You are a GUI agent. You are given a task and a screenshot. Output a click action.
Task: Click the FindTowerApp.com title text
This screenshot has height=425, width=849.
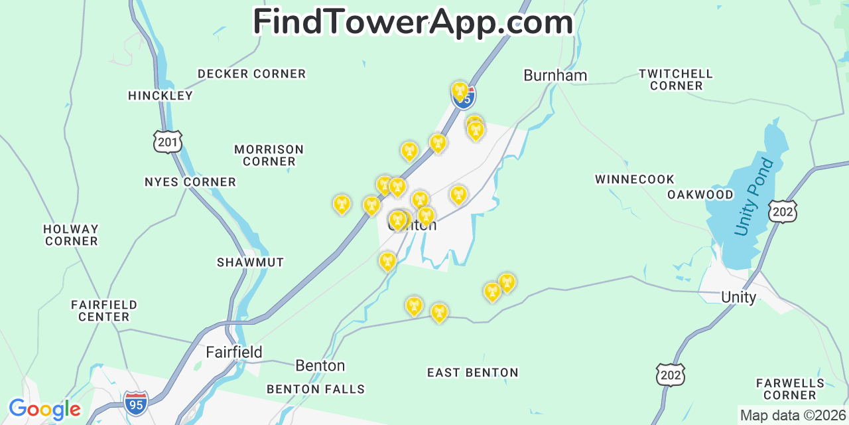pyautogui.click(x=413, y=23)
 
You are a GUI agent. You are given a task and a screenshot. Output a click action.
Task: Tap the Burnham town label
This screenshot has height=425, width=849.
pyautogui.click(x=555, y=76)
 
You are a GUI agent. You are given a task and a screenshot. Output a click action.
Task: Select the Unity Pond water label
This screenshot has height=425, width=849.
pyautogui.click(x=754, y=197)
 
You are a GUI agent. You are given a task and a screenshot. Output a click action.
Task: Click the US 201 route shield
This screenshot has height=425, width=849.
pyautogui.click(x=167, y=141)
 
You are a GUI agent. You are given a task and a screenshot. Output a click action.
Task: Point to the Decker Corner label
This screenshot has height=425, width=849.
pyautogui.click(x=251, y=74)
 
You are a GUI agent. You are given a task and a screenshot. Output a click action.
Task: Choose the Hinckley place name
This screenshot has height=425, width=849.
pyautogui.click(x=161, y=96)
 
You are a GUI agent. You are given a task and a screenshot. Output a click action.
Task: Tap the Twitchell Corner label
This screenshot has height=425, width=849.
pyautogui.click(x=676, y=80)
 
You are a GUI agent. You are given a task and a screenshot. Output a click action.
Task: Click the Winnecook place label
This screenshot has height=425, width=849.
pyautogui.click(x=634, y=179)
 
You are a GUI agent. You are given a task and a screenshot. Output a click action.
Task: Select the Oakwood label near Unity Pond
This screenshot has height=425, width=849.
pyautogui.click(x=700, y=195)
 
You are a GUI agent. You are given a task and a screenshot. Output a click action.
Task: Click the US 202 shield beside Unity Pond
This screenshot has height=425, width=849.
pyautogui.click(x=783, y=211)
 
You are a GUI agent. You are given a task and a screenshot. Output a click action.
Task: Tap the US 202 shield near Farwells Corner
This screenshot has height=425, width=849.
pyautogui.click(x=670, y=375)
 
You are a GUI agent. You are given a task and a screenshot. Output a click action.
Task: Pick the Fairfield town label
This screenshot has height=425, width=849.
pyautogui.click(x=233, y=352)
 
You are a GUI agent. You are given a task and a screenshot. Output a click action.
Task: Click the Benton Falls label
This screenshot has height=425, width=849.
pyautogui.click(x=316, y=389)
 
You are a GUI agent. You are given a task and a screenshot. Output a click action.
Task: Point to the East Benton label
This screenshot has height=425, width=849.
pyautogui.click(x=472, y=373)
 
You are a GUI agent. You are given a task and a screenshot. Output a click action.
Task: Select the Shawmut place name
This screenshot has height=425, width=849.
pyautogui.click(x=250, y=262)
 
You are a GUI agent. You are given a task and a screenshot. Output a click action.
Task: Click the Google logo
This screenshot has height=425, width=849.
pyautogui.click(x=44, y=409)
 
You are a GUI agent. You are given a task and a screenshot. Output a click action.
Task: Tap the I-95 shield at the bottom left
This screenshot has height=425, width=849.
pyautogui.click(x=136, y=403)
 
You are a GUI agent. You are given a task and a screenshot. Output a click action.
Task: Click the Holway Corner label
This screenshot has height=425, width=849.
pyautogui.click(x=71, y=235)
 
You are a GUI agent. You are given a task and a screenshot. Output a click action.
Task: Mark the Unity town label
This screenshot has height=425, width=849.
pyautogui.click(x=738, y=297)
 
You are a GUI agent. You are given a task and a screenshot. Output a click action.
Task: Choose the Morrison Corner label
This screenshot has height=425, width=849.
pyautogui.click(x=269, y=155)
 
